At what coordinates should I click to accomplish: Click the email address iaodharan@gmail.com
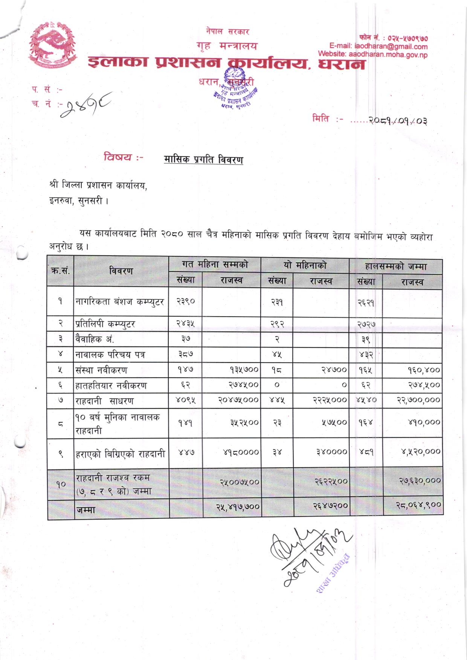[378, 47]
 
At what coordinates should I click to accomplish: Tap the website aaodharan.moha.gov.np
[372, 55]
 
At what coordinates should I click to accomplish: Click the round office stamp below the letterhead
[237, 90]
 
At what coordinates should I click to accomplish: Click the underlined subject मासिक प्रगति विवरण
[203, 160]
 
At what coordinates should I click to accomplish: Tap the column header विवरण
[121, 271]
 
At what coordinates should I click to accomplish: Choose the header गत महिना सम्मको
[215, 265]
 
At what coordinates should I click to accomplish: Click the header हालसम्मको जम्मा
[395, 267]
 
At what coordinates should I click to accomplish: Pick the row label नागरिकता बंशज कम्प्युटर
[120, 302]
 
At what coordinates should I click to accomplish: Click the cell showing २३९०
[185, 302]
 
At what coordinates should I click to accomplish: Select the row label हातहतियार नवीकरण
[111, 386]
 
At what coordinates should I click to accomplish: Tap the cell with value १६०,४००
[423, 370]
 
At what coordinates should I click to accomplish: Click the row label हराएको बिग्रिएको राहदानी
[120, 454]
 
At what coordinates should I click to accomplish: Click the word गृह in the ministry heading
[203, 46]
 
